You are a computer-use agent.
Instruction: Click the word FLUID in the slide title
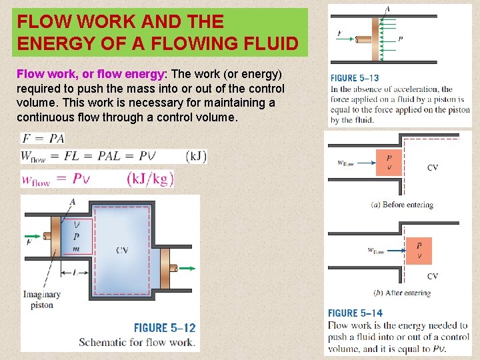pos(267,44)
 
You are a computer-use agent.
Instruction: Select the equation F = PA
pos(43,139)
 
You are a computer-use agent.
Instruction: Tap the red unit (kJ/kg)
pos(150,179)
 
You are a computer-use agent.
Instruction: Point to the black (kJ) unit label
pos(197,157)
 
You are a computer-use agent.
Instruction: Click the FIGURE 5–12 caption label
pos(165,328)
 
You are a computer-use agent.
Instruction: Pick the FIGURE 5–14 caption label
pos(355,313)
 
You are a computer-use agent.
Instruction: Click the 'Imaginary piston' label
pos(42,299)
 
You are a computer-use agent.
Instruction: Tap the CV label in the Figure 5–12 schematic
pos(122,250)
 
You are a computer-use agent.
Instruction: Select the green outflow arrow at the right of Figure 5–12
pos(187,269)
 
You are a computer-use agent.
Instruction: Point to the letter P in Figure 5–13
pos(400,39)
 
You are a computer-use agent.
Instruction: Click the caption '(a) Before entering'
pos(402,205)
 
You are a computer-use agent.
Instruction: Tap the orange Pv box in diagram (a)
pos(389,163)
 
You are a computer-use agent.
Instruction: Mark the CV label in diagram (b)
pos(433,276)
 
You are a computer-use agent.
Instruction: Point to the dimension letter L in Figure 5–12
pos(76,273)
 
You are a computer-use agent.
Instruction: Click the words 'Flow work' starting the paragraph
pos(39,73)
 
